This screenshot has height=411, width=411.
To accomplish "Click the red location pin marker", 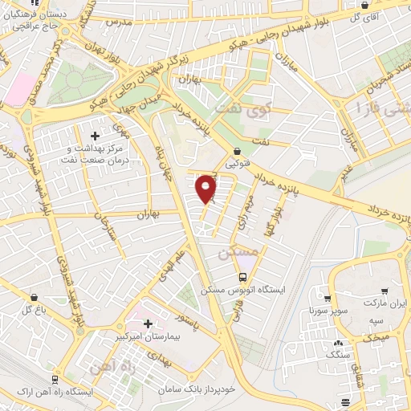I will (x=207, y=188).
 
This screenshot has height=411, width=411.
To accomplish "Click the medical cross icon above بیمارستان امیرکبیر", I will (x=148, y=323).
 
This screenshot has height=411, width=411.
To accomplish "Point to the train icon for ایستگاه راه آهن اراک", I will (x=55, y=379).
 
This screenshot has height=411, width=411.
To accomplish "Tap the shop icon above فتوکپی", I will (x=236, y=150).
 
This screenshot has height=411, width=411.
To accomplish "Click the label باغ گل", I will (x=31, y=309).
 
